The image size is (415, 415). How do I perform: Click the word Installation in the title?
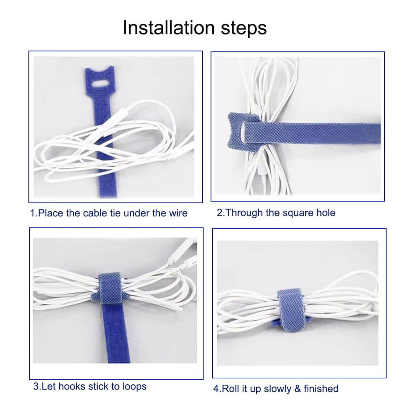[x=169, y=28]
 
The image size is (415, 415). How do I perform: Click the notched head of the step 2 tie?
[x=242, y=132]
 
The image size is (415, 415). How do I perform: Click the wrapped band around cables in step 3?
[x=110, y=288]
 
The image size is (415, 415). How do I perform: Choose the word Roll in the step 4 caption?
[x=231, y=389]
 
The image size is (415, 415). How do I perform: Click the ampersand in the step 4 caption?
[x=298, y=389]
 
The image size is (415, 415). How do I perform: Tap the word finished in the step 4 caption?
[x=321, y=389]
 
